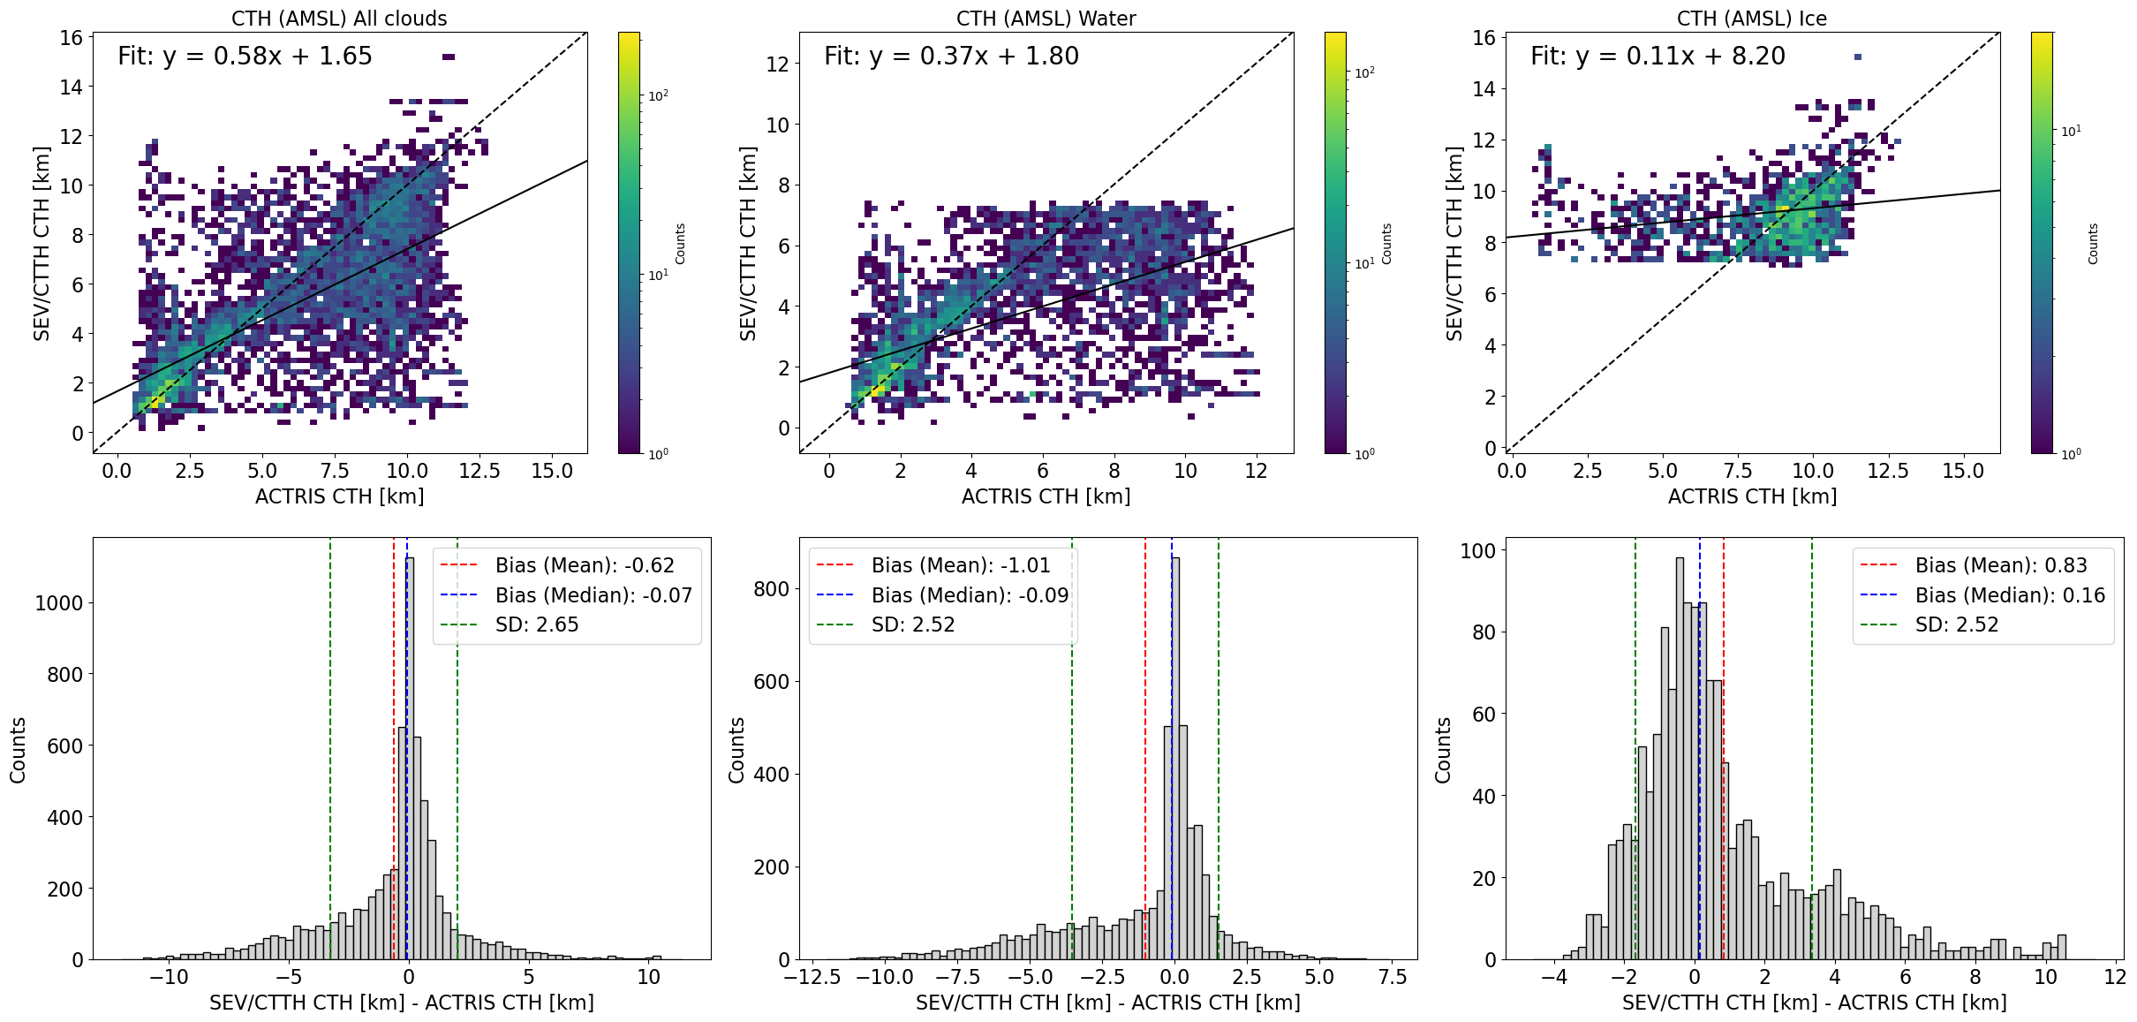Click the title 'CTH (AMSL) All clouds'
339,19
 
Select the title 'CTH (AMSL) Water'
1046,19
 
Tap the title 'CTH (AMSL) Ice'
1752,19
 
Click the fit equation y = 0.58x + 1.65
245,57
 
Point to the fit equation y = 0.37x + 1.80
951,57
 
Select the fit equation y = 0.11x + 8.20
1657,57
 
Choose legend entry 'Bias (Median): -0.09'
970,595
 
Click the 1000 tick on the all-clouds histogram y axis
59,603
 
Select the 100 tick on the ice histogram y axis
1478,551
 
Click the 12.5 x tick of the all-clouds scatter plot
480,471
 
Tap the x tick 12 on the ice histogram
2115,977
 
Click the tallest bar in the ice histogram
1680,760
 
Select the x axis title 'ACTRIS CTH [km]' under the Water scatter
1046,496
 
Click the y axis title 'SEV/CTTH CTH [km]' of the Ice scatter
1454,243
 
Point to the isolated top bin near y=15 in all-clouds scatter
449,57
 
